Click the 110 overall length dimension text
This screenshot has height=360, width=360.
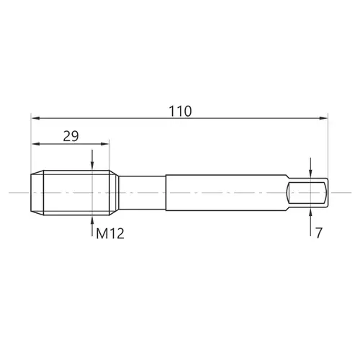coord(180,111)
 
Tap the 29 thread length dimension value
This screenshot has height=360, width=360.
coord(71,136)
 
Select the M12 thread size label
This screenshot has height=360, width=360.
coord(110,233)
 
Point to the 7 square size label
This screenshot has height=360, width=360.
coord(319,233)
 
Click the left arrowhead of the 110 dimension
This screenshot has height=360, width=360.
coord(35,118)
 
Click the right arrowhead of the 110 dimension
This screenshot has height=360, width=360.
coord(323,118)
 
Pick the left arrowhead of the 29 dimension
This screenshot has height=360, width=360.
coord(35,144)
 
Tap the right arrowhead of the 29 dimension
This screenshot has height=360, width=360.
coord(105,144)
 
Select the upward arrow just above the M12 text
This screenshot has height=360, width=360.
coord(92,226)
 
